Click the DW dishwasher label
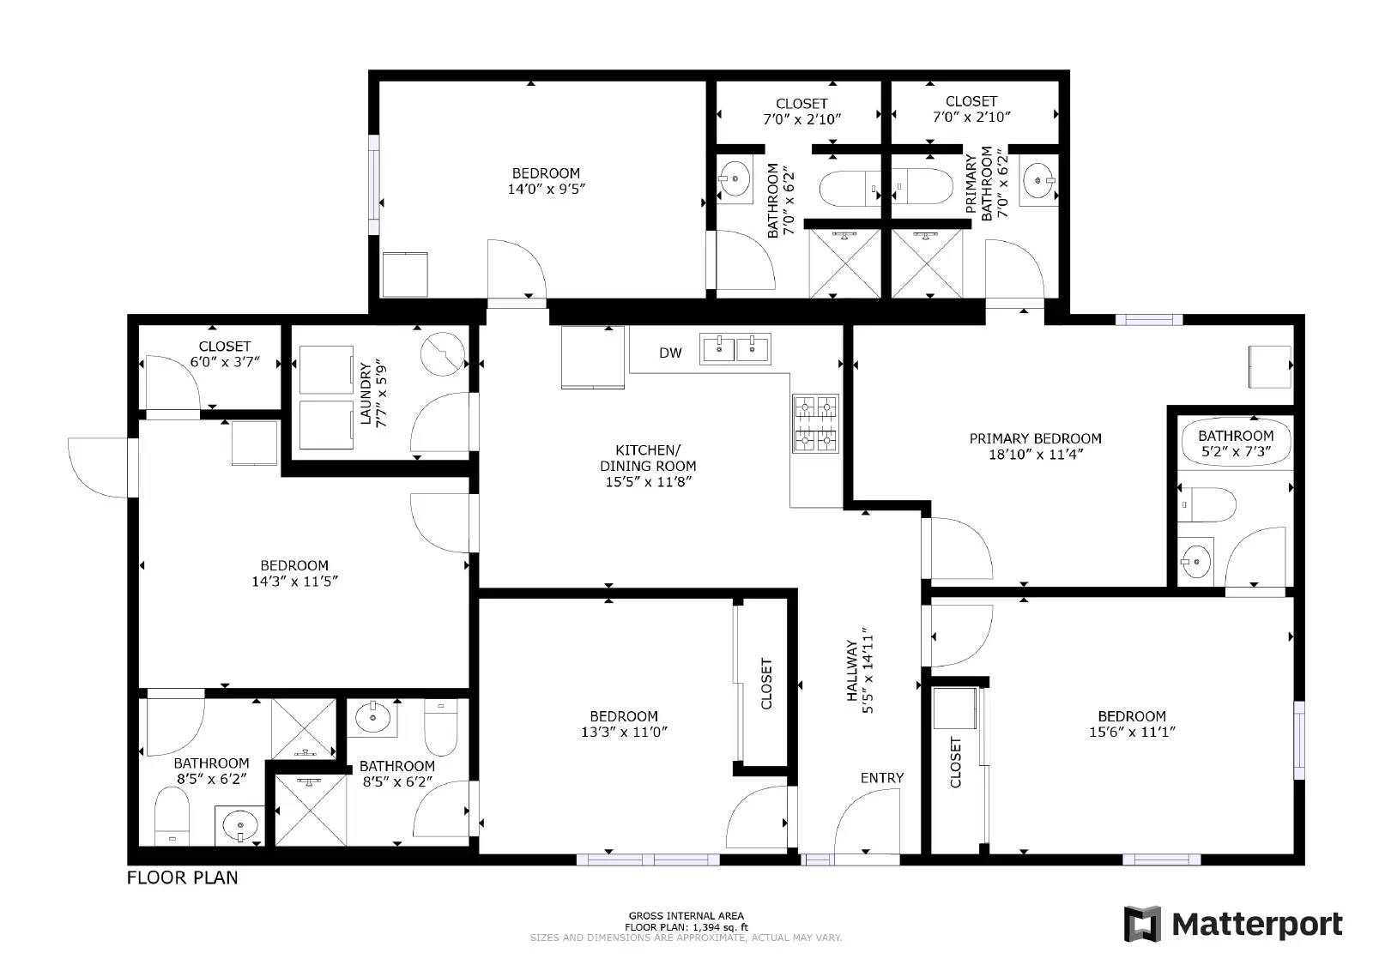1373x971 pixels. click(x=670, y=353)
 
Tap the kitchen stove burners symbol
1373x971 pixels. click(x=814, y=423)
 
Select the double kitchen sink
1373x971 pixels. click(x=735, y=348)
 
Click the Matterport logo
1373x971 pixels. click(x=1233, y=924)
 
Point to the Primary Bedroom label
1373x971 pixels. click(x=1035, y=438)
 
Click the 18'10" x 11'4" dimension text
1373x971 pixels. click(x=1035, y=455)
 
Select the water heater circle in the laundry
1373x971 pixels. click(x=444, y=353)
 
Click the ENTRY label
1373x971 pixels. click(x=881, y=778)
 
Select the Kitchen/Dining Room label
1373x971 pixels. click(x=648, y=466)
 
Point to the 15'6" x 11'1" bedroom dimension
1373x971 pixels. click(x=1131, y=732)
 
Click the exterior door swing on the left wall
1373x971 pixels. click(x=99, y=467)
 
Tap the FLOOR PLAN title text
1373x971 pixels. click(x=182, y=878)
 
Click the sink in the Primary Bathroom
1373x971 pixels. click(x=1040, y=180)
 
